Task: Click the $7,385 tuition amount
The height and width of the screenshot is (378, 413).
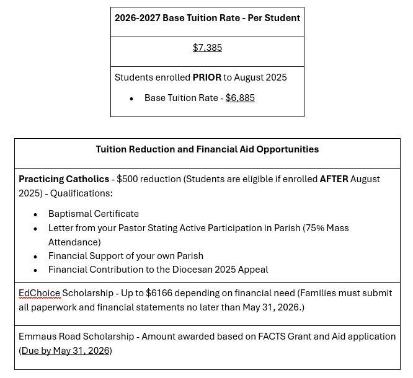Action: coord(207,48)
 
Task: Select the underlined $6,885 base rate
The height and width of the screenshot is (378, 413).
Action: coord(240,98)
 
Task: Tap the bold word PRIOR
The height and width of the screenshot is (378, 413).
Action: coord(206,77)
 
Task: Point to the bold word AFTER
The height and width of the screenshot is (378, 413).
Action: coord(334,179)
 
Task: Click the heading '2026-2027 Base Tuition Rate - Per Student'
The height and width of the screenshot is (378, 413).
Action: coord(207,18)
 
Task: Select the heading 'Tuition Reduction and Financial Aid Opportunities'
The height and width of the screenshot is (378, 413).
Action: coord(207,149)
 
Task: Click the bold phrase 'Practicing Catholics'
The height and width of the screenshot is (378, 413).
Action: coord(64,179)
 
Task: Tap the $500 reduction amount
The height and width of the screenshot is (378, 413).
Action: coord(128,179)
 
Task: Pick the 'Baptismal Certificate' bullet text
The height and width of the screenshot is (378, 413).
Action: coord(94,214)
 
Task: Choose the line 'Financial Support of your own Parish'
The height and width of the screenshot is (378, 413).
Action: coord(126,256)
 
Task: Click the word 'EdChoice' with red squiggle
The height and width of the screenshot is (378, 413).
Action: coord(39,293)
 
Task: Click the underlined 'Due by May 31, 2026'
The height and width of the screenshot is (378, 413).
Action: coord(66,351)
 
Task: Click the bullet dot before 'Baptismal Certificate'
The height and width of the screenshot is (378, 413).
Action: coord(35,214)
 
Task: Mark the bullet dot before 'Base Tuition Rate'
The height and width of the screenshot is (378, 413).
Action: coord(131,99)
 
